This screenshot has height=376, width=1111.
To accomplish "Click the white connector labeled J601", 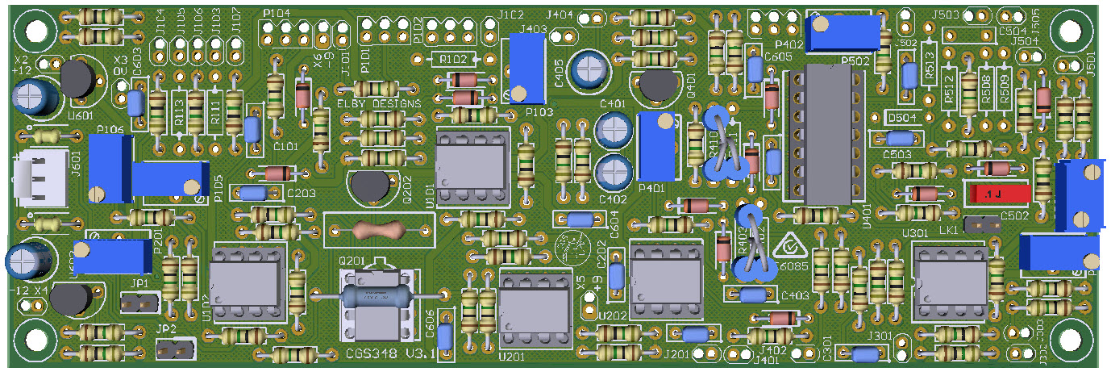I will [x=31, y=180].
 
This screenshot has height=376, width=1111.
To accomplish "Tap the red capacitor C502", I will [x=998, y=194].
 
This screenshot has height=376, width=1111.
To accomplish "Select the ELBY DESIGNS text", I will [x=379, y=104].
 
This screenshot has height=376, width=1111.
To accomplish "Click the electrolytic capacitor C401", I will [x=614, y=128].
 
